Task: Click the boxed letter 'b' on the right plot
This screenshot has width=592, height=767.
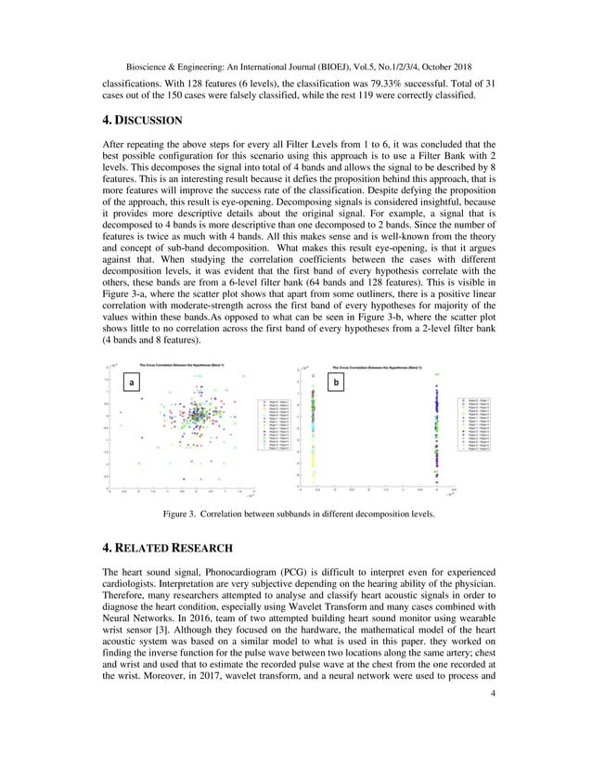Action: pos(337,382)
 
